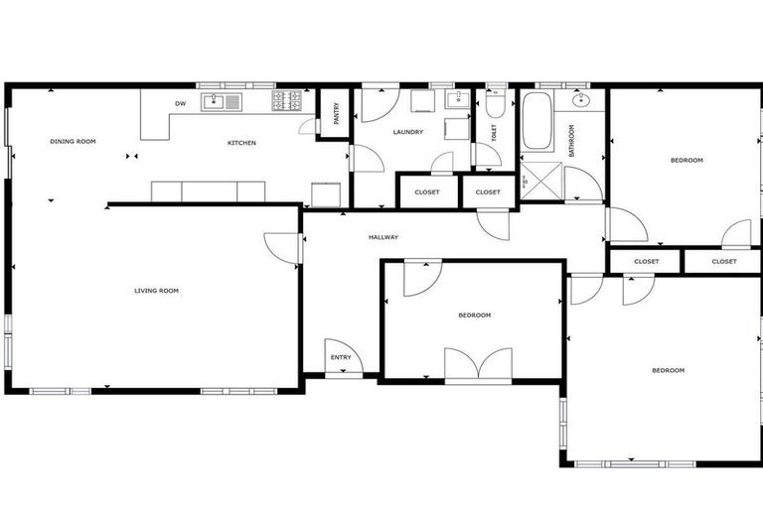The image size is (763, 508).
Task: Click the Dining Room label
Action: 73,142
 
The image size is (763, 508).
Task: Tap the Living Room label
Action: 156,291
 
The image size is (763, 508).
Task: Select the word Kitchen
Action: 241,143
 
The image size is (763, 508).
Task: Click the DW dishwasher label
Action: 180,103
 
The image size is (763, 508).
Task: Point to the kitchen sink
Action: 221,101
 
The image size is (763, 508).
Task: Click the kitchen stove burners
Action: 286,100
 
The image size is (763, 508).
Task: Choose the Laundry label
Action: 407,132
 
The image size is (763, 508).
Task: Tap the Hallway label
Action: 383,237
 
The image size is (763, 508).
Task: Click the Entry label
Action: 341,357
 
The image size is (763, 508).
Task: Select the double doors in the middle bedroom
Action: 478,365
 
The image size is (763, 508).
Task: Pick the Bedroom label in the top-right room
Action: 686,160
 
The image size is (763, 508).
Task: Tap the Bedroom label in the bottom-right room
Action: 668,370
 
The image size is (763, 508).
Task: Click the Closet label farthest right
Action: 723,262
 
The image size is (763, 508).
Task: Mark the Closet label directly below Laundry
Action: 427,191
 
